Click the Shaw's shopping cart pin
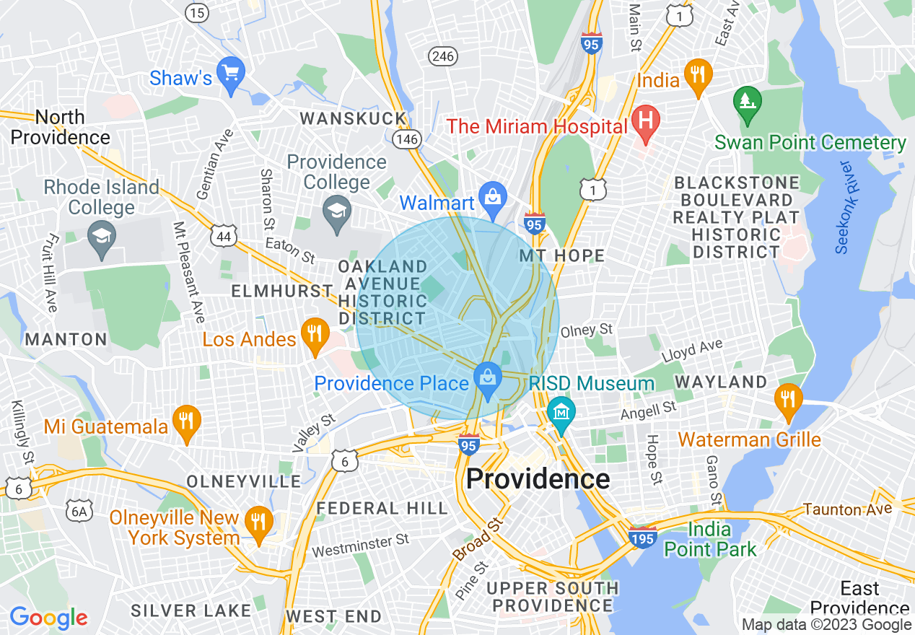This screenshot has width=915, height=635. pyautogui.click(x=231, y=74)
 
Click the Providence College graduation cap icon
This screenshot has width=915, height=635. pyautogui.click(x=337, y=212)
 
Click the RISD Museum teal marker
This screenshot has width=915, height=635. pyautogui.click(x=561, y=413)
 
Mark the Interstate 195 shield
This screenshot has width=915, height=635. pyautogui.click(x=642, y=539)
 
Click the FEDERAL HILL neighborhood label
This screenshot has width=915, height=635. pyautogui.click(x=382, y=508)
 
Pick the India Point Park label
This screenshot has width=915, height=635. pyautogui.click(x=711, y=539)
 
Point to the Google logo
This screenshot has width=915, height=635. pyautogui.click(x=48, y=618)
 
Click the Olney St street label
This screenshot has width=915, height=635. pyautogui.click(x=586, y=330)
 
